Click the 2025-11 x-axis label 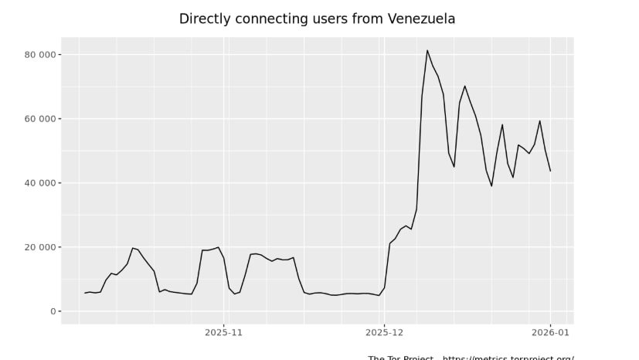pyautogui.click(x=223, y=334)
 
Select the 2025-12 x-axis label pyautogui.click(x=383, y=334)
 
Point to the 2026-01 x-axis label pyautogui.click(x=550, y=334)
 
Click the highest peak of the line pyautogui.click(x=427, y=50)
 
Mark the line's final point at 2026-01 pyautogui.click(x=550, y=171)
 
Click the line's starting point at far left pyautogui.click(x=85, y=293)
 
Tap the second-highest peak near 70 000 pyautogui.click(x=464, y=86)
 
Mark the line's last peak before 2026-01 pyautogui.click(x=539, y=121)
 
